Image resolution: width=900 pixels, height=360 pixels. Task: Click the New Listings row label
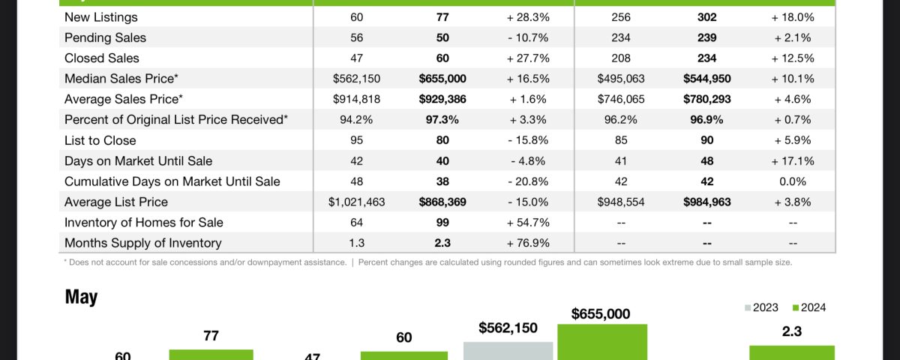(x=101, y=17)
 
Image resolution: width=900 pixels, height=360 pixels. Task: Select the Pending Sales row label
(x=106, y=37)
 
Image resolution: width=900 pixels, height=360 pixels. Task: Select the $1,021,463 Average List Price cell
(x=357, y=202)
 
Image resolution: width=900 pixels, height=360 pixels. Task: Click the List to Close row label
(x=100, y=140)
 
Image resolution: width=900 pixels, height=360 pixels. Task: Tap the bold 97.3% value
(x=442, y=120)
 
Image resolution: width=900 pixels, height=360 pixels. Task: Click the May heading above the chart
(x=81, y=298)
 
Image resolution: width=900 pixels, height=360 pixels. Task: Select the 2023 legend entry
(x=762, y=307)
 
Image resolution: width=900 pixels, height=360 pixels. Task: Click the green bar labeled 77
(x=211, y=354)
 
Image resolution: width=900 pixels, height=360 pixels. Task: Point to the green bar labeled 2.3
(x=791, y=352)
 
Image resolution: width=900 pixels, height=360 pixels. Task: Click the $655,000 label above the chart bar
(x=601, y=314)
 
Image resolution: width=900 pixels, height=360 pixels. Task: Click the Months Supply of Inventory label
(x=143, y=243)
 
